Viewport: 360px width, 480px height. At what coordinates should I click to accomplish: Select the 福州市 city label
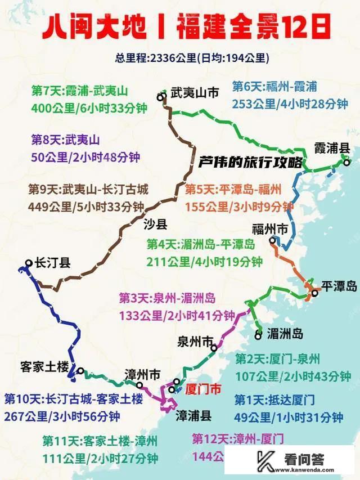[270, 229]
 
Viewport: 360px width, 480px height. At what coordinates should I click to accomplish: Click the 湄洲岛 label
[285, 334]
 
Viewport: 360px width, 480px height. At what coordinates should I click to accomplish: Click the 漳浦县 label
[193, 416]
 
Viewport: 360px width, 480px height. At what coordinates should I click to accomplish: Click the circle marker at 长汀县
[29, 263]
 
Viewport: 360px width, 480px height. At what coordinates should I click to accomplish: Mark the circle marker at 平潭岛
[315, 293]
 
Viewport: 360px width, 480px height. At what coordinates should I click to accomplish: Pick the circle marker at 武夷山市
[161, 97]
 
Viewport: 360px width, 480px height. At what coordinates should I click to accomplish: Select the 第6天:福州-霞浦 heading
[275, 87]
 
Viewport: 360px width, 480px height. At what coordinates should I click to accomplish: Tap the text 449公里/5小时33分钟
[85, 206]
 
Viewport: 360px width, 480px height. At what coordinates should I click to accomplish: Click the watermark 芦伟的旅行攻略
[250, 162]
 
